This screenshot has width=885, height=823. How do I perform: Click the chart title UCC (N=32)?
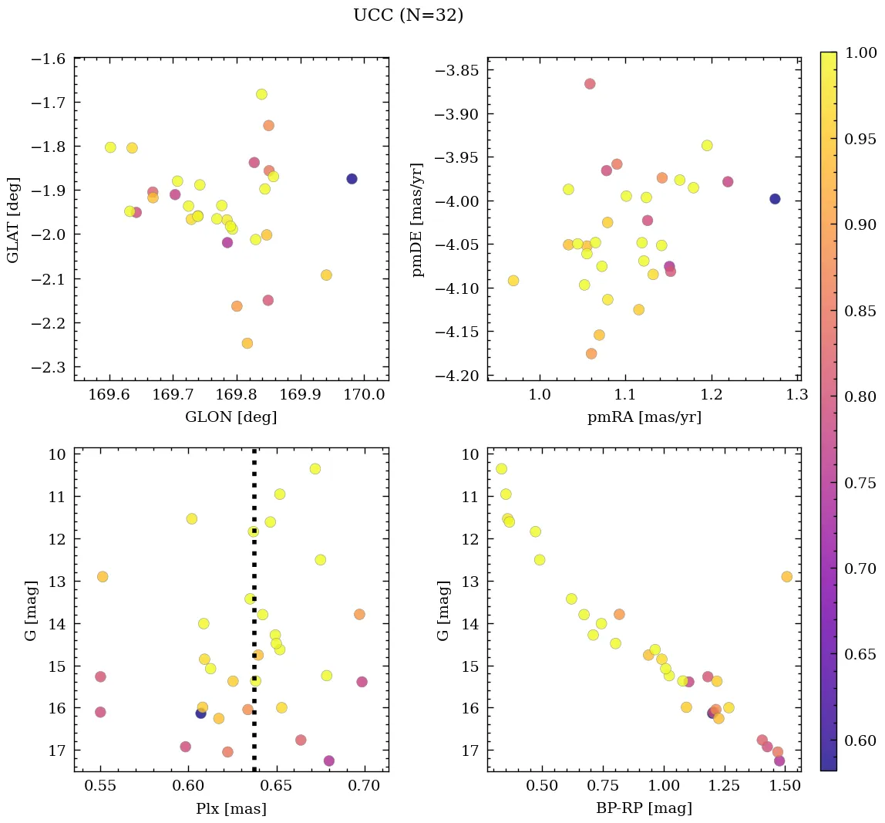408,15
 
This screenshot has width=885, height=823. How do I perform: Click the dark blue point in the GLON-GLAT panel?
352,179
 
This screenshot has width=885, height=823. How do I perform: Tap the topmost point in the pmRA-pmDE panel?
590,84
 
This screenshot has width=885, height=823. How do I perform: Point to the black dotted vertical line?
254,540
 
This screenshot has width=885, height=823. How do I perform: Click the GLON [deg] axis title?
231,417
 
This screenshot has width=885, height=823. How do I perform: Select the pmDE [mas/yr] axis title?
417,219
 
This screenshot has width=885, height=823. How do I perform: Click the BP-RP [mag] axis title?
644,808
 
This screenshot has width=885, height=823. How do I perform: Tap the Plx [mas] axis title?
231,808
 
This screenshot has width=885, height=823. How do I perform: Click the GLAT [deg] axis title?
13,219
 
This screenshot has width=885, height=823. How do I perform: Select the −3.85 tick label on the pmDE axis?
458,71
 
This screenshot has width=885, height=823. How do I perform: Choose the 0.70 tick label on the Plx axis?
363,786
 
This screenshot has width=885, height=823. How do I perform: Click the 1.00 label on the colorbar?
861,52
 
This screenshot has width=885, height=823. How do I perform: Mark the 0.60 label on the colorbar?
861,740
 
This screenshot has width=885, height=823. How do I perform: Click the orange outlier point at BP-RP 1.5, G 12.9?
786,577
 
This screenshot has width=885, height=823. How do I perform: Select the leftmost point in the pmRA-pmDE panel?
513,281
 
